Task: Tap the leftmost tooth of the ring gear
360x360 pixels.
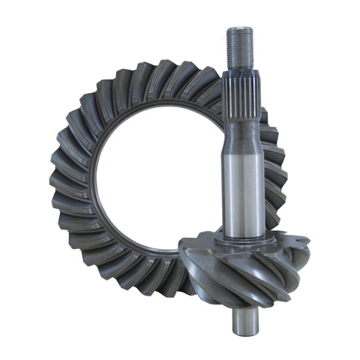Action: click(54, 180)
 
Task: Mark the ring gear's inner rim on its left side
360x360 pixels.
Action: click(96, 180)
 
